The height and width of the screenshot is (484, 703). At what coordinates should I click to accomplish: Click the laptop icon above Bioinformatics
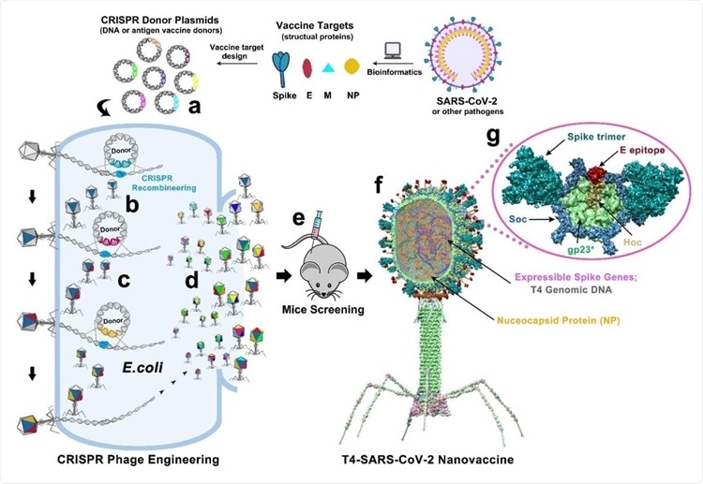(x=393, y=51)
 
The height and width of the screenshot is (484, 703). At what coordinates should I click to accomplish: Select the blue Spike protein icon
(x=281, y=68)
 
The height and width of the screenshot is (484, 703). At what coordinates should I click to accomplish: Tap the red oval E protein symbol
(x=307, y=67)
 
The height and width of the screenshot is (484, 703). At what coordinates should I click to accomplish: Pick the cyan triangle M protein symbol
(x=328, y=68)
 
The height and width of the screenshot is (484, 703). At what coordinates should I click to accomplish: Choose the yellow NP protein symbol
(x=351, y=66)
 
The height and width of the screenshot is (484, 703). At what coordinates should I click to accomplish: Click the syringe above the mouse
(x=320, y=224)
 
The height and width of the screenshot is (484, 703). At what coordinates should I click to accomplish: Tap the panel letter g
(x=493, y=135)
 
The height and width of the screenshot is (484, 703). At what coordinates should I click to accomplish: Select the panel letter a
(x=194, y=107)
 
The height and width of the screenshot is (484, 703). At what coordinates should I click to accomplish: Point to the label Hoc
(x=632, y=242)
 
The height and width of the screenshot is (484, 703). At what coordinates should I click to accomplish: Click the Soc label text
(x=517, y=219)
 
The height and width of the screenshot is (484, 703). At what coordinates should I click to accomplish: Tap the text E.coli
(x=142, y=368)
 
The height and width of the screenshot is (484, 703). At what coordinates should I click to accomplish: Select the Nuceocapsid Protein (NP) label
(x=559, y=320)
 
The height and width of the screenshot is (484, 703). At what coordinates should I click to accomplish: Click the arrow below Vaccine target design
(x=238, y=63)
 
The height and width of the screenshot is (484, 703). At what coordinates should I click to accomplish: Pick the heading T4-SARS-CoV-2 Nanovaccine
(x=427, y=459)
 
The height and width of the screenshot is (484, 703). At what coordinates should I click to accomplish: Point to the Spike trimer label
(x=596, y=136)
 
